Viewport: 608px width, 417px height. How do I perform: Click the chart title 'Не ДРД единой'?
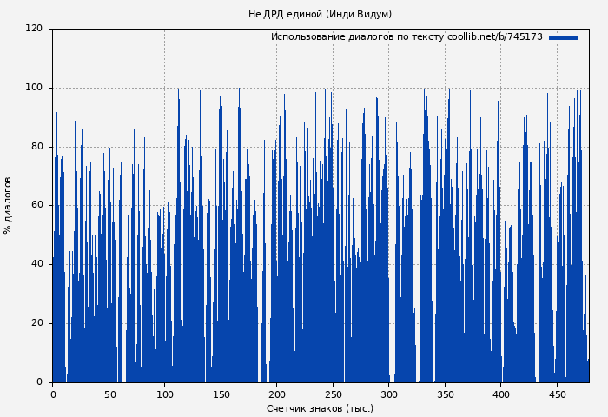point(320,14)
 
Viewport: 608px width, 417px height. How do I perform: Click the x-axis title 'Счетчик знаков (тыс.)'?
point(320,408)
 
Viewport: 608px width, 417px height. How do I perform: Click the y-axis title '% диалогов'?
point(9,205)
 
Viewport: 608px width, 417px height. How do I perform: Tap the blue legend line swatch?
point(563,37)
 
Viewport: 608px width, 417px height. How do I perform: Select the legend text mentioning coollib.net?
point(406,37)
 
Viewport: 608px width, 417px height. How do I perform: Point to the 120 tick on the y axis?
point(34,29)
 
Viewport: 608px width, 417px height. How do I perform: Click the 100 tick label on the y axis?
point(34,88)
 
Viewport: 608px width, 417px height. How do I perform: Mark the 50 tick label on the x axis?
point(109,394)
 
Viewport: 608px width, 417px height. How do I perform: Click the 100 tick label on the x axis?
point(164,394)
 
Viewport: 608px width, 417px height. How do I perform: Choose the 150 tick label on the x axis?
point(221,394)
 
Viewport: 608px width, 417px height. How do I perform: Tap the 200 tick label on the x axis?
point(276,394)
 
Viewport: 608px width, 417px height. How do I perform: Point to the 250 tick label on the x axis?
point(333,394)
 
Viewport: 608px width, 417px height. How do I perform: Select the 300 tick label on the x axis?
point(389,394)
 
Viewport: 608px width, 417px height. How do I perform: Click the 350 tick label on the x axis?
point(445,394)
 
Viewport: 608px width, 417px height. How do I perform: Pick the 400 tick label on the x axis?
point(501,394)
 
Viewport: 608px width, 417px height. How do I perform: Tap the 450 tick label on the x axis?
point(557,394)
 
